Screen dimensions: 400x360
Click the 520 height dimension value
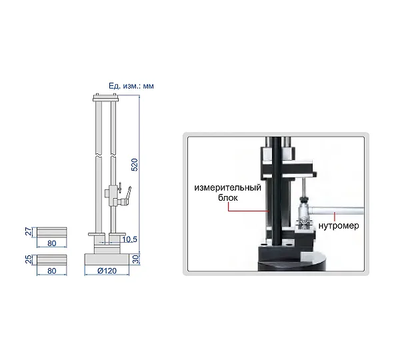tap(134, 165)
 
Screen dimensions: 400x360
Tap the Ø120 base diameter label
tap(107, 271)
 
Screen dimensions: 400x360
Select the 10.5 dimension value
tap(129, 239)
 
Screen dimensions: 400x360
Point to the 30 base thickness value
tap(136, 259)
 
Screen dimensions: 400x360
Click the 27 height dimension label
tap(29, 231)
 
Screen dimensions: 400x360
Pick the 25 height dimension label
tap(29, 259)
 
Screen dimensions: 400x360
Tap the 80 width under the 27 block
tap(52, 243)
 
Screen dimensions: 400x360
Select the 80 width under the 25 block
tap(52, 271)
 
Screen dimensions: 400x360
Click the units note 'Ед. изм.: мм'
tap(131, 86)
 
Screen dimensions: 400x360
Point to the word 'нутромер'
tap(339, 225)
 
